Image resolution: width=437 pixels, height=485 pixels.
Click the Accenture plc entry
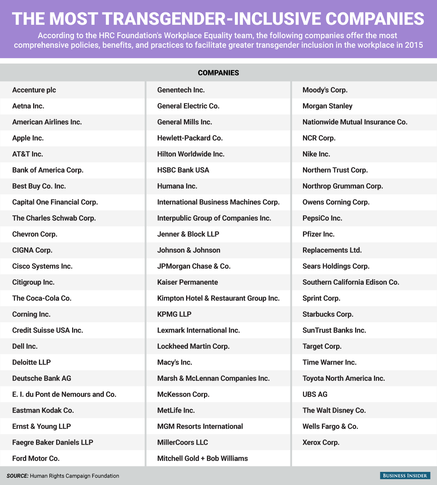(34, 90)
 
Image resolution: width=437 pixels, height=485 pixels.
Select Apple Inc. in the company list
(28, 138)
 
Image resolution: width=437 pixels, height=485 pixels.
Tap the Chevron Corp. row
(35, 234)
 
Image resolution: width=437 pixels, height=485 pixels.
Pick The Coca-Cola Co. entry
(42, 298)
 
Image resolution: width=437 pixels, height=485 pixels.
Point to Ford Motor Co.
(36, 458)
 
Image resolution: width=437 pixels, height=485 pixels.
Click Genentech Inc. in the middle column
(181, 90)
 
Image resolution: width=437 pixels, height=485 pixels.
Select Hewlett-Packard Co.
(190, 138)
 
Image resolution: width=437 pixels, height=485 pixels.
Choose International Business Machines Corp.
(219, 202)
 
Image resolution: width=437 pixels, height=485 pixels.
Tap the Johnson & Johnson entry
(189, 250)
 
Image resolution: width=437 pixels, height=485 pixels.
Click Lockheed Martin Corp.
(193, 346)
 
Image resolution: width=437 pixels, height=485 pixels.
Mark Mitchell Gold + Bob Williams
(202, 458)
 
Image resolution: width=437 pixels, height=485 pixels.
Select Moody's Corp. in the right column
(325, 90)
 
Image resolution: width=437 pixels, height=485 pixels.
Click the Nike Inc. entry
(316, 154)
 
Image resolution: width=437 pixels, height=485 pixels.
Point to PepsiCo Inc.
(322, 218)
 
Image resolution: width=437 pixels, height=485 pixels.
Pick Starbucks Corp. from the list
(328, 314)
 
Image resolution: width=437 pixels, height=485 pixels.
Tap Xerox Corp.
(321, 442)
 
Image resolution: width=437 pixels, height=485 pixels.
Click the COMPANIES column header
(219, 73)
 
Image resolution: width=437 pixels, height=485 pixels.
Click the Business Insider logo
(405, 476)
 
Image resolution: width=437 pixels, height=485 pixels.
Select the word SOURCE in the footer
(17, 476)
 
